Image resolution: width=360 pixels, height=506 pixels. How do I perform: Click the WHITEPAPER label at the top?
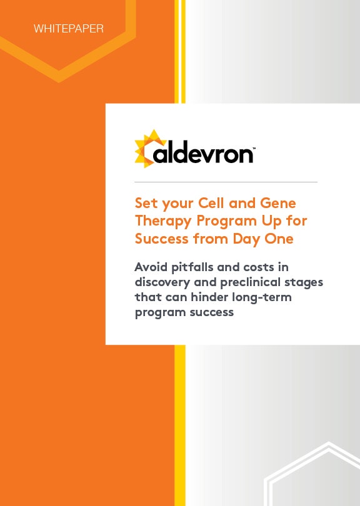[69, 29]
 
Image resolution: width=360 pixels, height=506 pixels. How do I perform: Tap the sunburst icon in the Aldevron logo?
[149, 149]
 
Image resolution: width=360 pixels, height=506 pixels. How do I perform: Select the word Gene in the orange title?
[278, 203]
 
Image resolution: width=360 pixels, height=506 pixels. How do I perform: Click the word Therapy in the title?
[163, 222]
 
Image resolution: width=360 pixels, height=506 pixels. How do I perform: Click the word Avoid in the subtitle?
[151, 267]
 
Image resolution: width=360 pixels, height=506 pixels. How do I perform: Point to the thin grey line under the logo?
[226, 182]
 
